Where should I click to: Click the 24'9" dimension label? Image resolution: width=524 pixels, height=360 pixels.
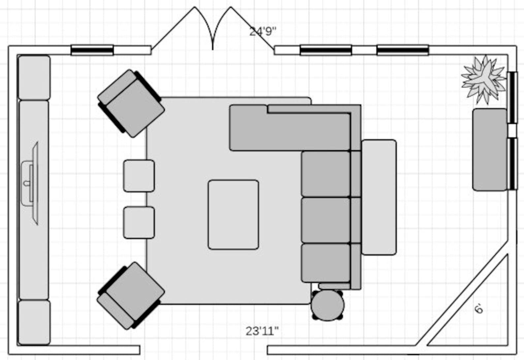(263, 31)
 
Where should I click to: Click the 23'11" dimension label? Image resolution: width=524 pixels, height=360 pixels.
(262, 331)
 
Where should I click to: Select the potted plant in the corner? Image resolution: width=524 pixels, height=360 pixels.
(483, 79)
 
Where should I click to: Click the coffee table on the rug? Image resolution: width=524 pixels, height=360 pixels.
(233, 215)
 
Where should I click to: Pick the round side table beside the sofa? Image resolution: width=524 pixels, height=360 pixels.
(327, 305)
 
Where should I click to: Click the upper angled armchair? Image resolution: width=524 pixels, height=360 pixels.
(131, 103)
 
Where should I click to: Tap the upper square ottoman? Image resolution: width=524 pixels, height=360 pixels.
(139, 176)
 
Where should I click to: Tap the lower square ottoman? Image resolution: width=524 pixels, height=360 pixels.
(139, 222)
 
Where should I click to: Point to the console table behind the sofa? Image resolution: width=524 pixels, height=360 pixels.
(379, 197)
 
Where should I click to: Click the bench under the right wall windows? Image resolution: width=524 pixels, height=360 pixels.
(489, 149)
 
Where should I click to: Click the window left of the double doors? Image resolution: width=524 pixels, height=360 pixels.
(92, 50)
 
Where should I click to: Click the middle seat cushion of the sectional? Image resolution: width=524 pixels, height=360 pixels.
(326, 220)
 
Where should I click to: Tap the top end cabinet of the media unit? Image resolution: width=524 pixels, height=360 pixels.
(34, 78)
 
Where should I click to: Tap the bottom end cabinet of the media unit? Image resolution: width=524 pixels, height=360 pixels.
(34, 322)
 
